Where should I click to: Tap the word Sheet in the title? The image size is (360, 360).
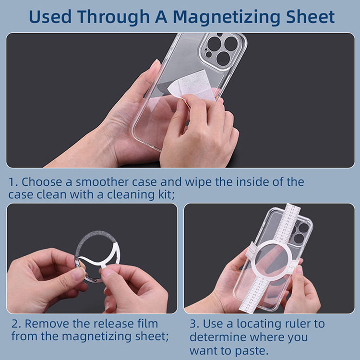[x=310, y=16]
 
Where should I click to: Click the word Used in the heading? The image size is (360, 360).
[x=50, y=16]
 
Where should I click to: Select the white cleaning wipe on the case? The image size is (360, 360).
[x=193, y=86]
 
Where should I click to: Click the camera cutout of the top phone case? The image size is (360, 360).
[x=222, y=50]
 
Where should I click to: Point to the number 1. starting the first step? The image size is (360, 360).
[x=13, y=182]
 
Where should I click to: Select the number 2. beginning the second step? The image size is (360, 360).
[x=16, y=324]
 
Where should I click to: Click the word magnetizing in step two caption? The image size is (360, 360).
[x=96, y=337]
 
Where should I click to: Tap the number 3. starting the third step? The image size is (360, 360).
[x=194, y=324]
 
